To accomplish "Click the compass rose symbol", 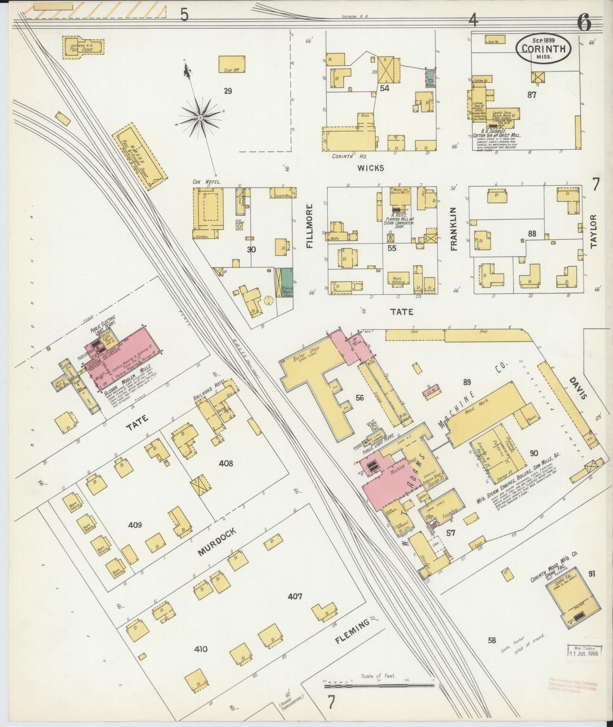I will pos(200,115).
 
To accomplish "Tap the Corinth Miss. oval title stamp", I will pos(543,49).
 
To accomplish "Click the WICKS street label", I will pos(370,168).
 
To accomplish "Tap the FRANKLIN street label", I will pos(454,229).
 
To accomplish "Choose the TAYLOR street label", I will pos(593,231).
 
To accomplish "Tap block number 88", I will pos(532,233).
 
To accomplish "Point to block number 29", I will pos(228,91).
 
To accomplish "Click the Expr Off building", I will pos(232,65).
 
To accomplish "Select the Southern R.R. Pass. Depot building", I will pos(84,46).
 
